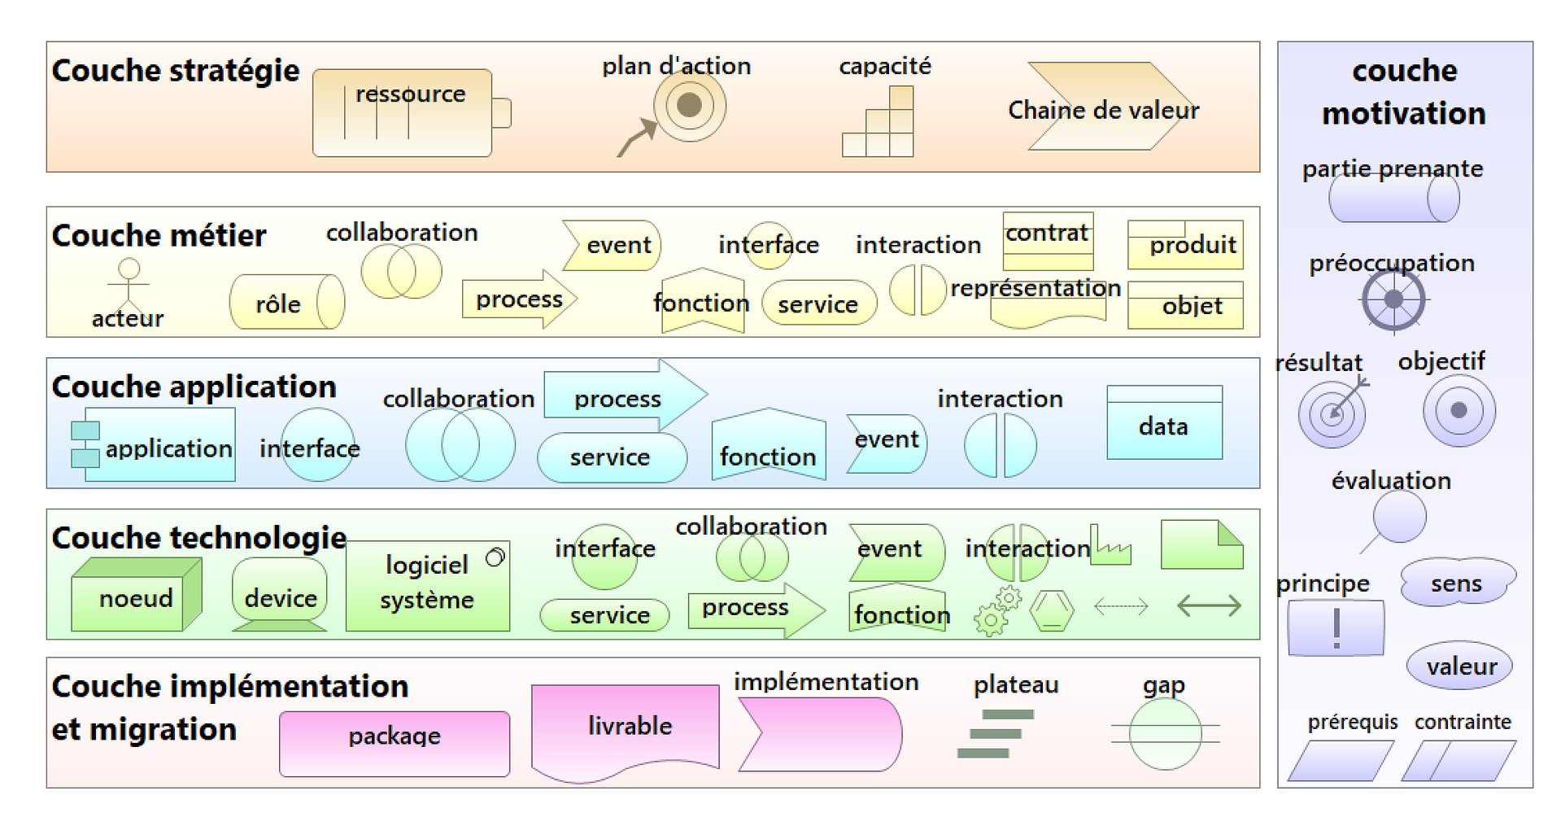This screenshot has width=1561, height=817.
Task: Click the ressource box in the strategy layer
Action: [403, 113]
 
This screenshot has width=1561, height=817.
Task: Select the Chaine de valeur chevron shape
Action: [1103, 107]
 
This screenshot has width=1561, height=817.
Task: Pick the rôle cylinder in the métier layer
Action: [286, 302]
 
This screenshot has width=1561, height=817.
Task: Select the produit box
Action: [1185, 244]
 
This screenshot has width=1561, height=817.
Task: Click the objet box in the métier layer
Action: [1185, 305]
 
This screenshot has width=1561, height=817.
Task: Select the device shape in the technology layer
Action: [280, 595]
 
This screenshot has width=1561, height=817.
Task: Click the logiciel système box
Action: [428, 585]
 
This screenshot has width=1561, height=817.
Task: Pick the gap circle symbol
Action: [1165, 734]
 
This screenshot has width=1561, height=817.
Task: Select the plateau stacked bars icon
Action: [994, 733]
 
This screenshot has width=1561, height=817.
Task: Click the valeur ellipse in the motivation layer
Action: [1459, 666]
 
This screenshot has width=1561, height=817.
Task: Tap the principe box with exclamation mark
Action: [1336, 627]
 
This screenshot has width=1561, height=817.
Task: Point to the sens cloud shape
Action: [1456, 582]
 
